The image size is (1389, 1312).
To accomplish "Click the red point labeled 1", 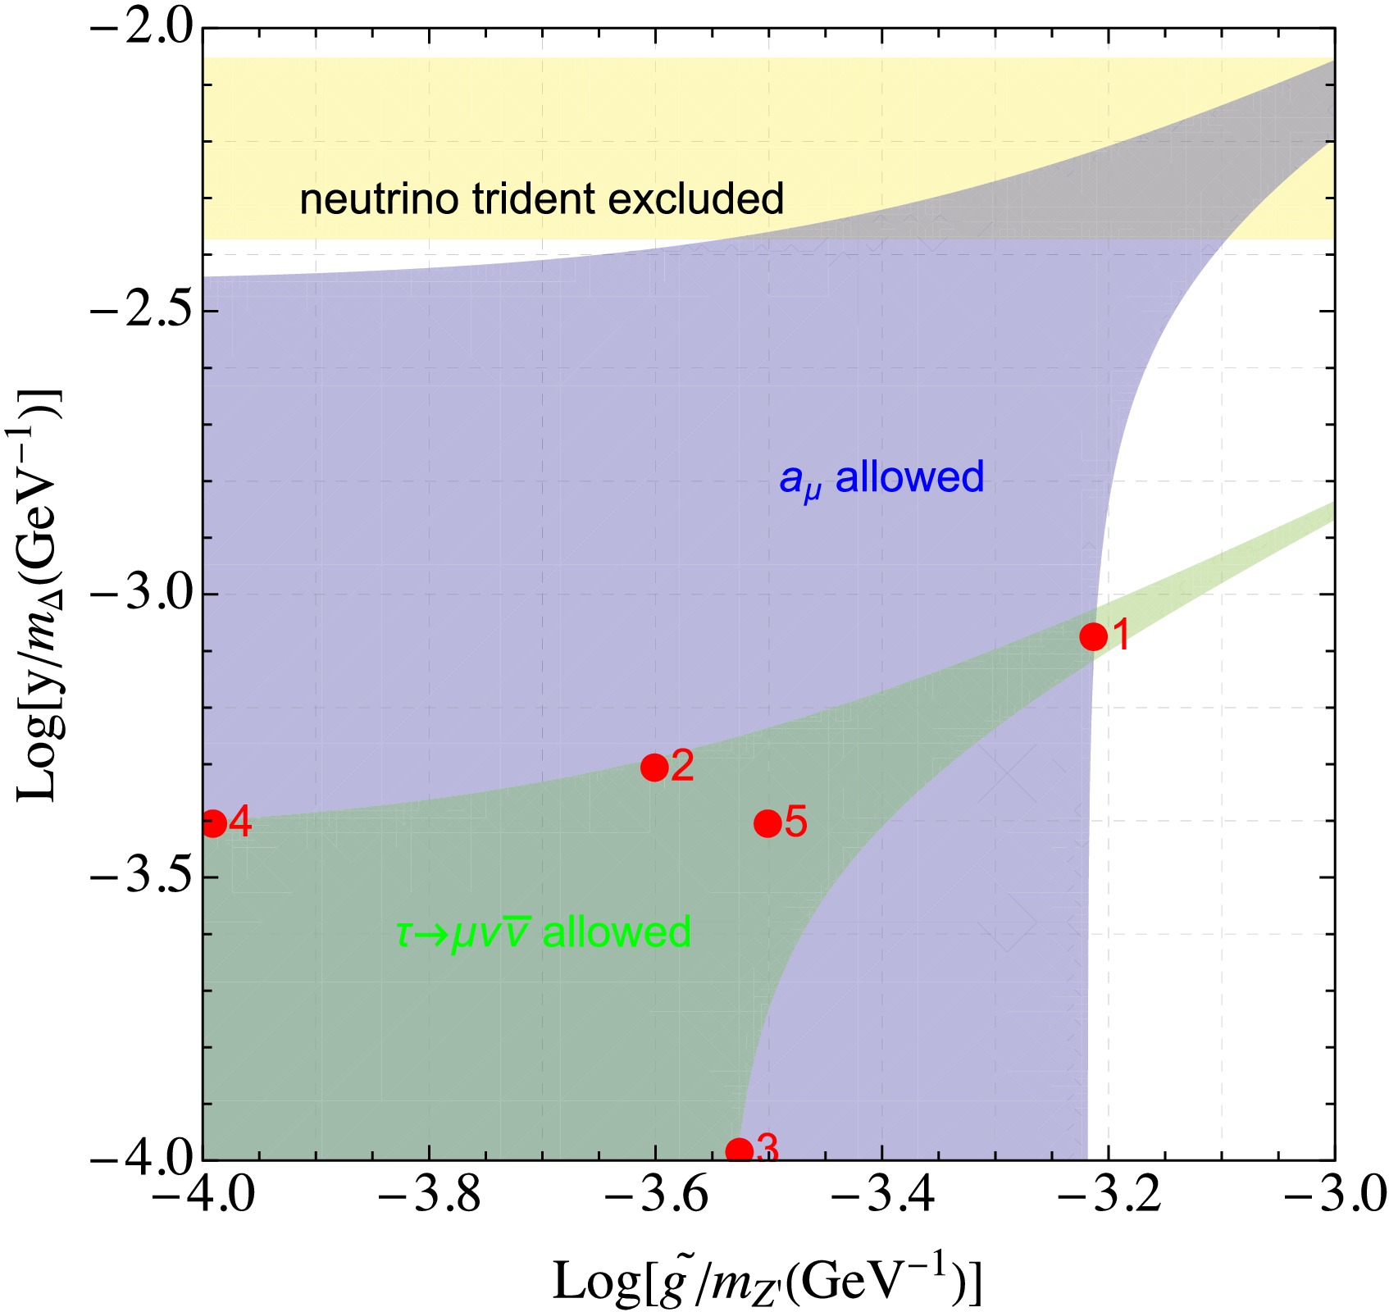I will pos(1093,635).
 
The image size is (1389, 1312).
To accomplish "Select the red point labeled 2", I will pos(654,768).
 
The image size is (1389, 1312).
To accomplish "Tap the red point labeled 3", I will pos(739,1150).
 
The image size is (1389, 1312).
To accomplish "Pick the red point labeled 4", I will pos(213,823).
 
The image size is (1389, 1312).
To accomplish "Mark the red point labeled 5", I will pos(767,822).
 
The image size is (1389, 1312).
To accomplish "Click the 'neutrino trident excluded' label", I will pos(541,199).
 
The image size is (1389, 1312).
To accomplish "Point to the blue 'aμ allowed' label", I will pos(881,478).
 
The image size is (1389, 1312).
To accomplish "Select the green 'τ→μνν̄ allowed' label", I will pos(543,932).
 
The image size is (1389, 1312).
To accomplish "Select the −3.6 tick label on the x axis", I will pos(654,1198).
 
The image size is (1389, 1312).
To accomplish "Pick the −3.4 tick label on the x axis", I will pos(881,1198).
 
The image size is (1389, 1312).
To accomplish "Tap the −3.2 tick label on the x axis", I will pos(1108,1198).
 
